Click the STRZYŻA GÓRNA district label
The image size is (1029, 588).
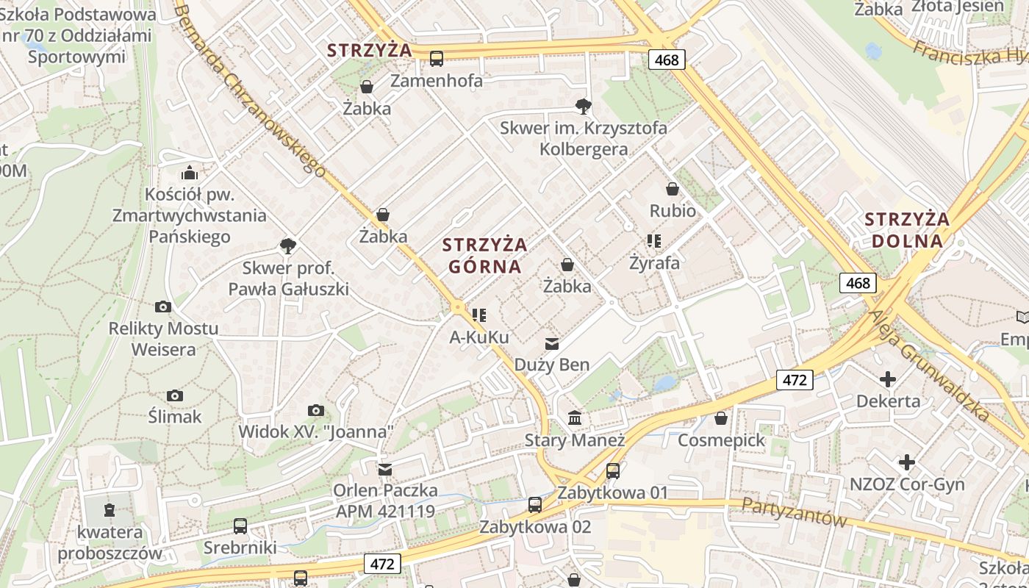(x=484, y=254)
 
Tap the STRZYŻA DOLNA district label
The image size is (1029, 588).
(x=907, y=229)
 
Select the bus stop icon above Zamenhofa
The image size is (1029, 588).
(x=437, y=59)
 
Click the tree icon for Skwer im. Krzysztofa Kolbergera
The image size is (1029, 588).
(x=584, y=107)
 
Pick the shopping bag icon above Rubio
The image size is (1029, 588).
(x=672, y=190)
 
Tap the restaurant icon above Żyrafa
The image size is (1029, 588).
(x=653, y=240)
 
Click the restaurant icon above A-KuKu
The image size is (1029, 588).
(x=479, y=315)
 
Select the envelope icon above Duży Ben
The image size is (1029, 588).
(x=551, y=343)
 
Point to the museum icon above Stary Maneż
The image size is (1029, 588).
(x=575, y=418)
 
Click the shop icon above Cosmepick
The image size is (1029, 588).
(x=721, y=418)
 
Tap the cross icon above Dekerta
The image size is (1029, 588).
(x=888, y=379)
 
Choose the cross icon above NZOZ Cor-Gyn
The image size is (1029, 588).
(x=907, y=462)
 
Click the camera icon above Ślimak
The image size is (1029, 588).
(x=174, y=395)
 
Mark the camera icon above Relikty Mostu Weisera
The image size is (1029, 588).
(x=163, y=306)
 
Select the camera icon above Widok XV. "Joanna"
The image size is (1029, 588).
(x=316, y=410)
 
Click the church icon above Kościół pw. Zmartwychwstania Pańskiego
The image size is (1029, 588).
(x=190, y=173)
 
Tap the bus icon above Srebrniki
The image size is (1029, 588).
(x=240, y=526)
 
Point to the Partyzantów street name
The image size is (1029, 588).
(x=794, y=512)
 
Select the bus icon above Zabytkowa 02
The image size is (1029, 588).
(x=535, y=505)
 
